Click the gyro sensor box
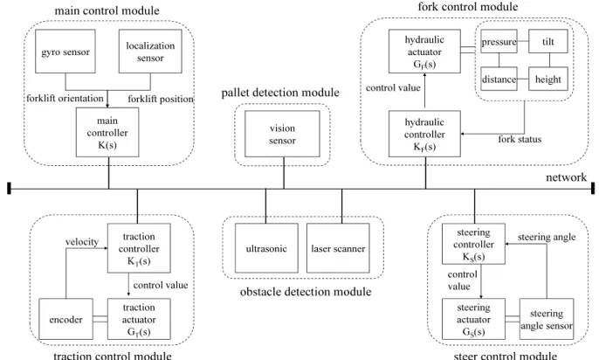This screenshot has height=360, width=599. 65,52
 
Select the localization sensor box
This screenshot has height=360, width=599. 150,52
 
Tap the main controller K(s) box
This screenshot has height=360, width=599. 107,132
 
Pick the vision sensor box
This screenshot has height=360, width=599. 282,134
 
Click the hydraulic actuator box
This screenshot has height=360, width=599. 424,52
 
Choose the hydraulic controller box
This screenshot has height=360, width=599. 424,134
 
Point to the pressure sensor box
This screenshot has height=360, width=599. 499,41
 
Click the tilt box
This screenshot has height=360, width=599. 548,41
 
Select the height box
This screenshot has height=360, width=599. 548,79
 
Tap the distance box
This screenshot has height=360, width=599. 499,79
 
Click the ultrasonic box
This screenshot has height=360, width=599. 266,248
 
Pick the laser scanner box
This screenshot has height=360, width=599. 338,248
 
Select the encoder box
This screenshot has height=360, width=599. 66,319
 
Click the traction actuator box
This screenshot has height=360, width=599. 139,319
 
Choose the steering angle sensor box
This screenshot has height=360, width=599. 547,319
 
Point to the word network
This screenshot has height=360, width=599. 566,177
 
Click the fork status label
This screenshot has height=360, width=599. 520,139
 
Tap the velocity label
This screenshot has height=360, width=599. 82,242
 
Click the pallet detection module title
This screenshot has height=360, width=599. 280,93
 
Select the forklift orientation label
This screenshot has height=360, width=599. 65,99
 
